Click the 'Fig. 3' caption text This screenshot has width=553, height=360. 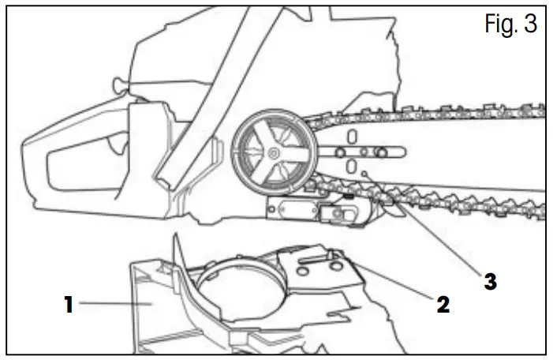[510, 24]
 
